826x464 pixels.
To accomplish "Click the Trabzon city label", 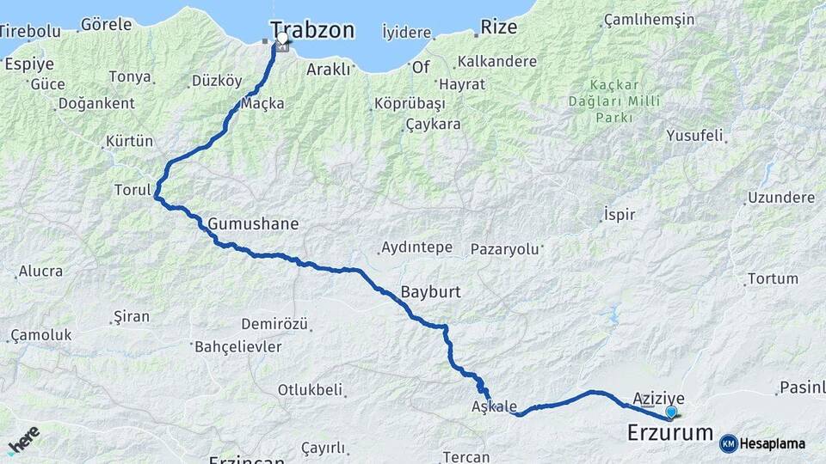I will (x=311, y=30).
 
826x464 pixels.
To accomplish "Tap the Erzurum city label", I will (x=670, y=432).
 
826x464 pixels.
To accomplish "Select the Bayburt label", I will (x=431, y=292).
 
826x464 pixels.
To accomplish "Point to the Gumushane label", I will (x=253, y=224).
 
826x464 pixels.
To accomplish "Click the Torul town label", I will (x=133, y=189).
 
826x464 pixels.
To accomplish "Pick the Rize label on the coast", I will (x=499, y=27).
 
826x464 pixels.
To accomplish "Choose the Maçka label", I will (x=262, y=103).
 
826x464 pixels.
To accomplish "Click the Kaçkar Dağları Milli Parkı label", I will (x=626, y=101).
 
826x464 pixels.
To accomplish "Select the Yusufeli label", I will (x=696, y=135).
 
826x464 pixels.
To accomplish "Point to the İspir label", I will (x=619, y=214).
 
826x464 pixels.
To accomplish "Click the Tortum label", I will (x=773, y=278).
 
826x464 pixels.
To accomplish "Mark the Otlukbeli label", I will (x=311, y=389).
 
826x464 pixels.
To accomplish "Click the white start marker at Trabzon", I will (x=281, y=39).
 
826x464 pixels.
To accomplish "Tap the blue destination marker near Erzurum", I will (x=671, y=412).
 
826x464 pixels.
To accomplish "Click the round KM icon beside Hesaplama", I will (x=728, y=443).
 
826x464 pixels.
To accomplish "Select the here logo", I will (x=23, y=440).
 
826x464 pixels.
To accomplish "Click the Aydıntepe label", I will (x=416, y=247).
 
